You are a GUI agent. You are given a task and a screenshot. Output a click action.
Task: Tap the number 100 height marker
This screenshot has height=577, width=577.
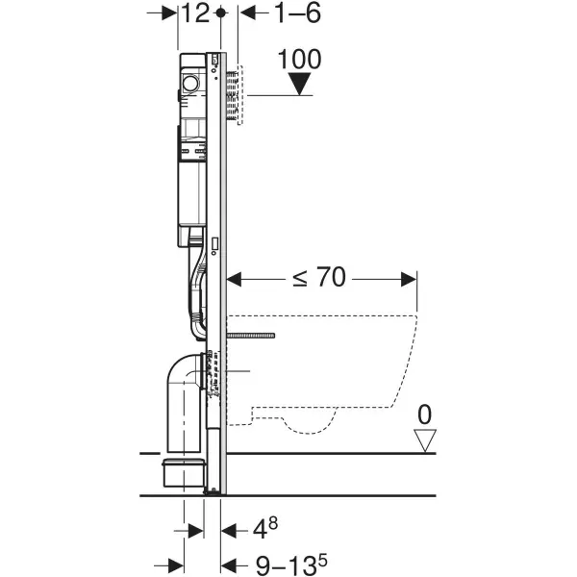click(300, 59)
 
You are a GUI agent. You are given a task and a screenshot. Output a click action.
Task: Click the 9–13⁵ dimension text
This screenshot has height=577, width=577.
click(288, 565)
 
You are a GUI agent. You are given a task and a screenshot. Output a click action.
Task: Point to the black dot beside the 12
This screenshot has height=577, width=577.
click(221, 13)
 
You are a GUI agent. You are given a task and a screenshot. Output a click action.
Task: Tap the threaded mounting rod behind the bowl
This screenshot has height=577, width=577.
click(252, 335)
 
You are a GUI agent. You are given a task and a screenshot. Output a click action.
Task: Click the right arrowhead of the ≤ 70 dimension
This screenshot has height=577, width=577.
click(411, 280)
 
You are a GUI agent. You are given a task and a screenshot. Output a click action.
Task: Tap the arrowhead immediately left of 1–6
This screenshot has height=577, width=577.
click(243, 13)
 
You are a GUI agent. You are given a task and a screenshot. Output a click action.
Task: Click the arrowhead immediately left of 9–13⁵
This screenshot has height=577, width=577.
click(228, 565)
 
